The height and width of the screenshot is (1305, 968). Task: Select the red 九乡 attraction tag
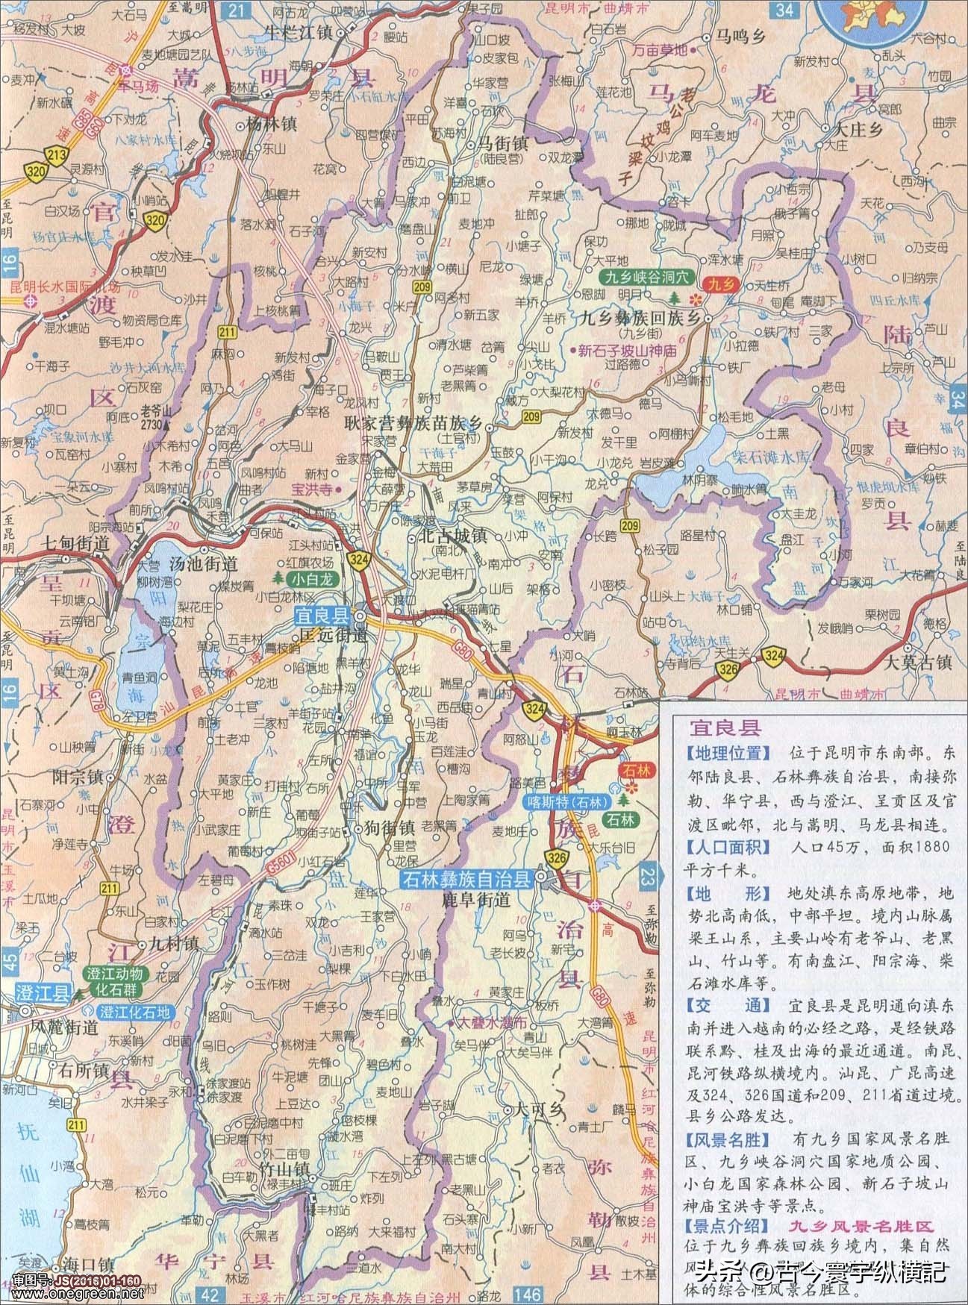tap(721, 283)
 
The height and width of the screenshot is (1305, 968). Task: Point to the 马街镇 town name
tap(502, 143)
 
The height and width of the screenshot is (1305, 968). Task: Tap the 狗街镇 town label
tap(388, 829)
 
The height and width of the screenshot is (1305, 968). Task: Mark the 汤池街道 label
tap(204, 565)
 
